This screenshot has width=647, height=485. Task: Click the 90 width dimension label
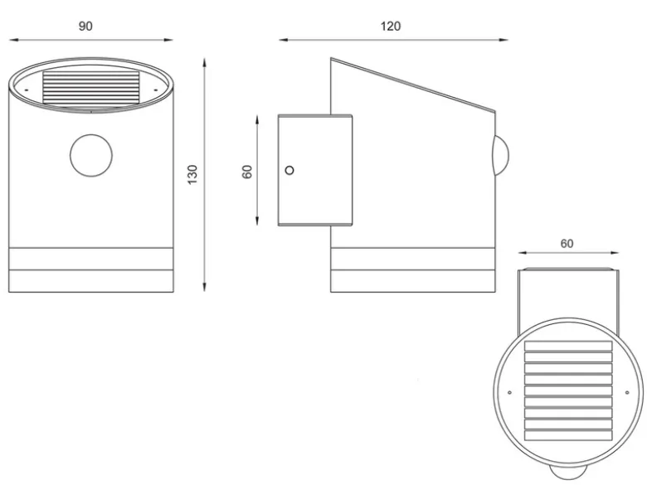coord(85,26)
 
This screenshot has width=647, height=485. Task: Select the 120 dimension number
coord(391,26)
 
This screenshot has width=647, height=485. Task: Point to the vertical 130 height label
coord(192,174)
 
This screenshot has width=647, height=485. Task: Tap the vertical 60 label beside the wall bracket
coord(246,172)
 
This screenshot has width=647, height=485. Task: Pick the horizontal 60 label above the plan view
coord(567,244)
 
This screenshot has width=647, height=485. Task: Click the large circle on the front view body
coord(91,156)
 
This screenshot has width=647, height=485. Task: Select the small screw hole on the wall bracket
coord(289,170)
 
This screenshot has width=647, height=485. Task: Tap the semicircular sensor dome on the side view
coord(501,156)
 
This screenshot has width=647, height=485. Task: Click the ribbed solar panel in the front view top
coord(90,88)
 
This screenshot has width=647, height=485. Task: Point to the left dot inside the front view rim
coord(27,90)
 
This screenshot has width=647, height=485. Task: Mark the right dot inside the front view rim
coord(156,90)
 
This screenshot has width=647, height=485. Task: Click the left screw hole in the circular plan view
coord(509,392)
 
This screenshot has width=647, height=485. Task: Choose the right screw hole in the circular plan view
coord(627,392)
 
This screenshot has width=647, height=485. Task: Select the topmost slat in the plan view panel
coord(568,346)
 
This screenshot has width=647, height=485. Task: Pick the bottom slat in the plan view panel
coord(568,435)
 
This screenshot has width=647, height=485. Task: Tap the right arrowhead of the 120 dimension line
coord(503,40)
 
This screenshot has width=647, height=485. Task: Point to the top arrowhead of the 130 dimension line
coord(204,63)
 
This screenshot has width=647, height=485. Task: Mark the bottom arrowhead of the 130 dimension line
coord(204,287)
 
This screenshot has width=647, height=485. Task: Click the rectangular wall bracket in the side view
coord(315,170)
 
